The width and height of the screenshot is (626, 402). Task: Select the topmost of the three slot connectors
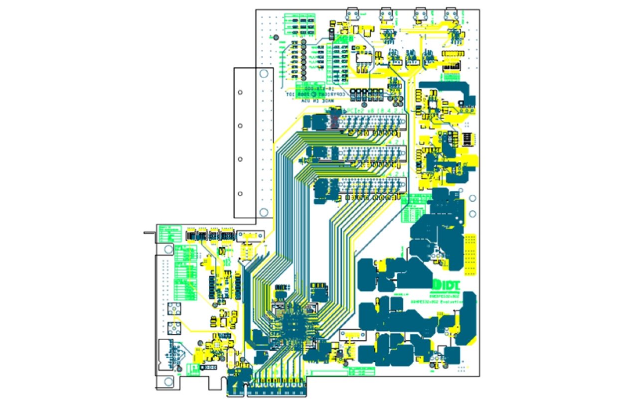tap(369, 121)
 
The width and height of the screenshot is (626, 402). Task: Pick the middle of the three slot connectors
tap(369, 154)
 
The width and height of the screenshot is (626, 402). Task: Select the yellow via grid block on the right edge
tap(470, 255)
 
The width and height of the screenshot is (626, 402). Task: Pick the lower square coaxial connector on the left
tap(174, 328)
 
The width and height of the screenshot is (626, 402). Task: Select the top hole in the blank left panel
tap(240, 93)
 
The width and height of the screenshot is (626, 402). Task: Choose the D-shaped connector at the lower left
tap(168, 354)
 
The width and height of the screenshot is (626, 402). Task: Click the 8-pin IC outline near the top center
tap(363, 58)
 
